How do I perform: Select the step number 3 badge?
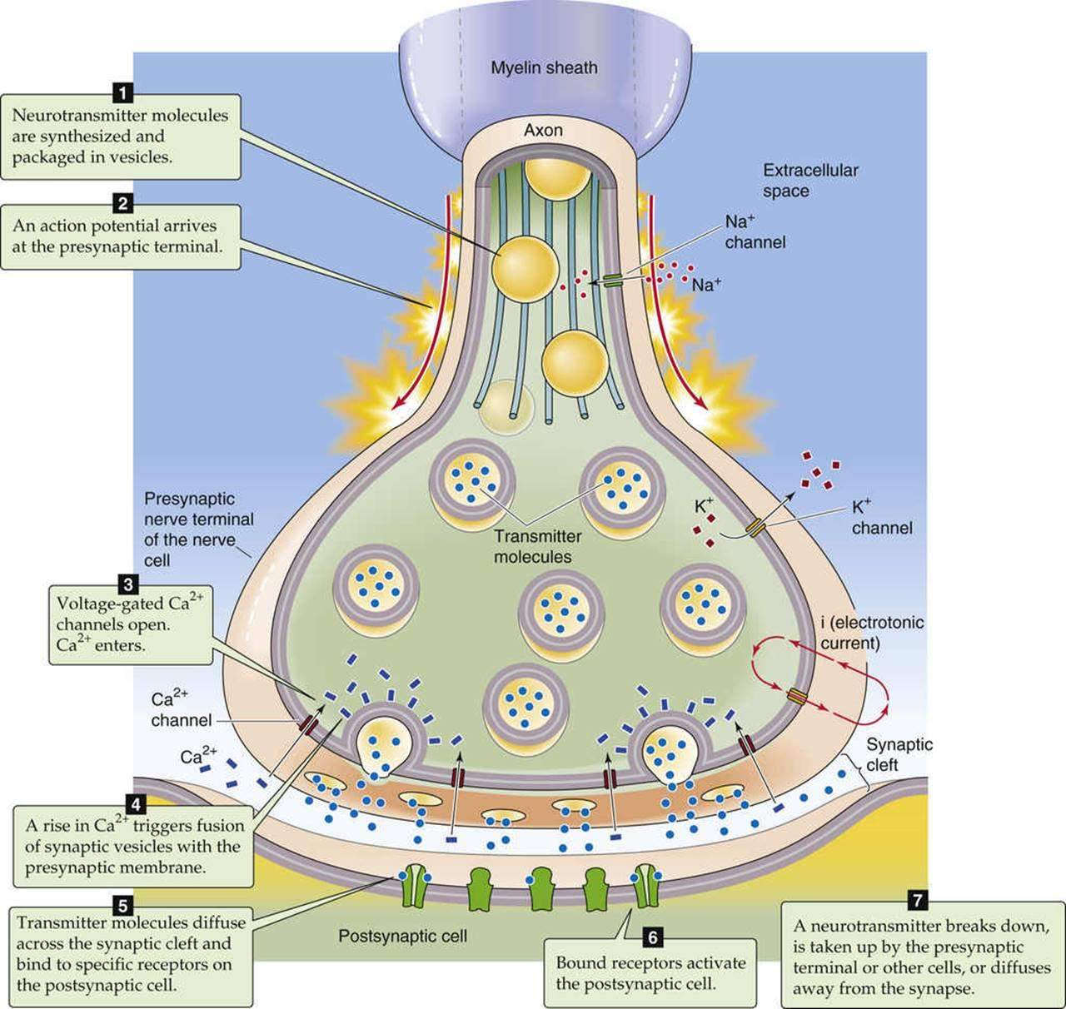click(x=129, y=582)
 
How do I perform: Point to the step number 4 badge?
click(x=135, y=804)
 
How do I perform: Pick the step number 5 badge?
click(x=122, y=902)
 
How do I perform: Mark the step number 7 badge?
click(x=916, y=901)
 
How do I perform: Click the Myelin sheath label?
click(x=544, y=68)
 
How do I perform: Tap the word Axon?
click(x=543, y=130)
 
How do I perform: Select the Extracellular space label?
click(x=798, y=181)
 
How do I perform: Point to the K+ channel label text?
click(x=881, y=517)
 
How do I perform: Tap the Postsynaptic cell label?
click(x=402, y=936)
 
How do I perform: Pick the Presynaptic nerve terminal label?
click(x=198, y=529)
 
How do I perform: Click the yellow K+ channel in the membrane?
click(x=755, y=528)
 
